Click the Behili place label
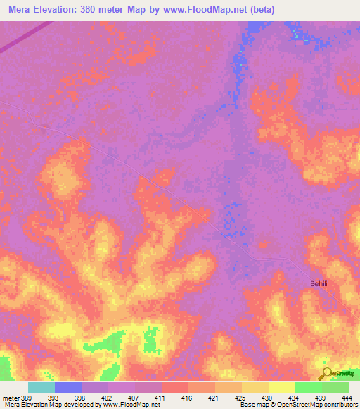pyautogui.click(x=320, y=284)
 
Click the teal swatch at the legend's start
pyautogui.click(x=41, y=387)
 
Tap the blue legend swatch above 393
pyautogui.click(x=68, y=387)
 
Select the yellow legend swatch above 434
pyautogui.click(x=281, y=387)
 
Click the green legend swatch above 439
pyautogui.click(x=308, y=387)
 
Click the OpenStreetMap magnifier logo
pyautogui.click(x=326, y=372)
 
